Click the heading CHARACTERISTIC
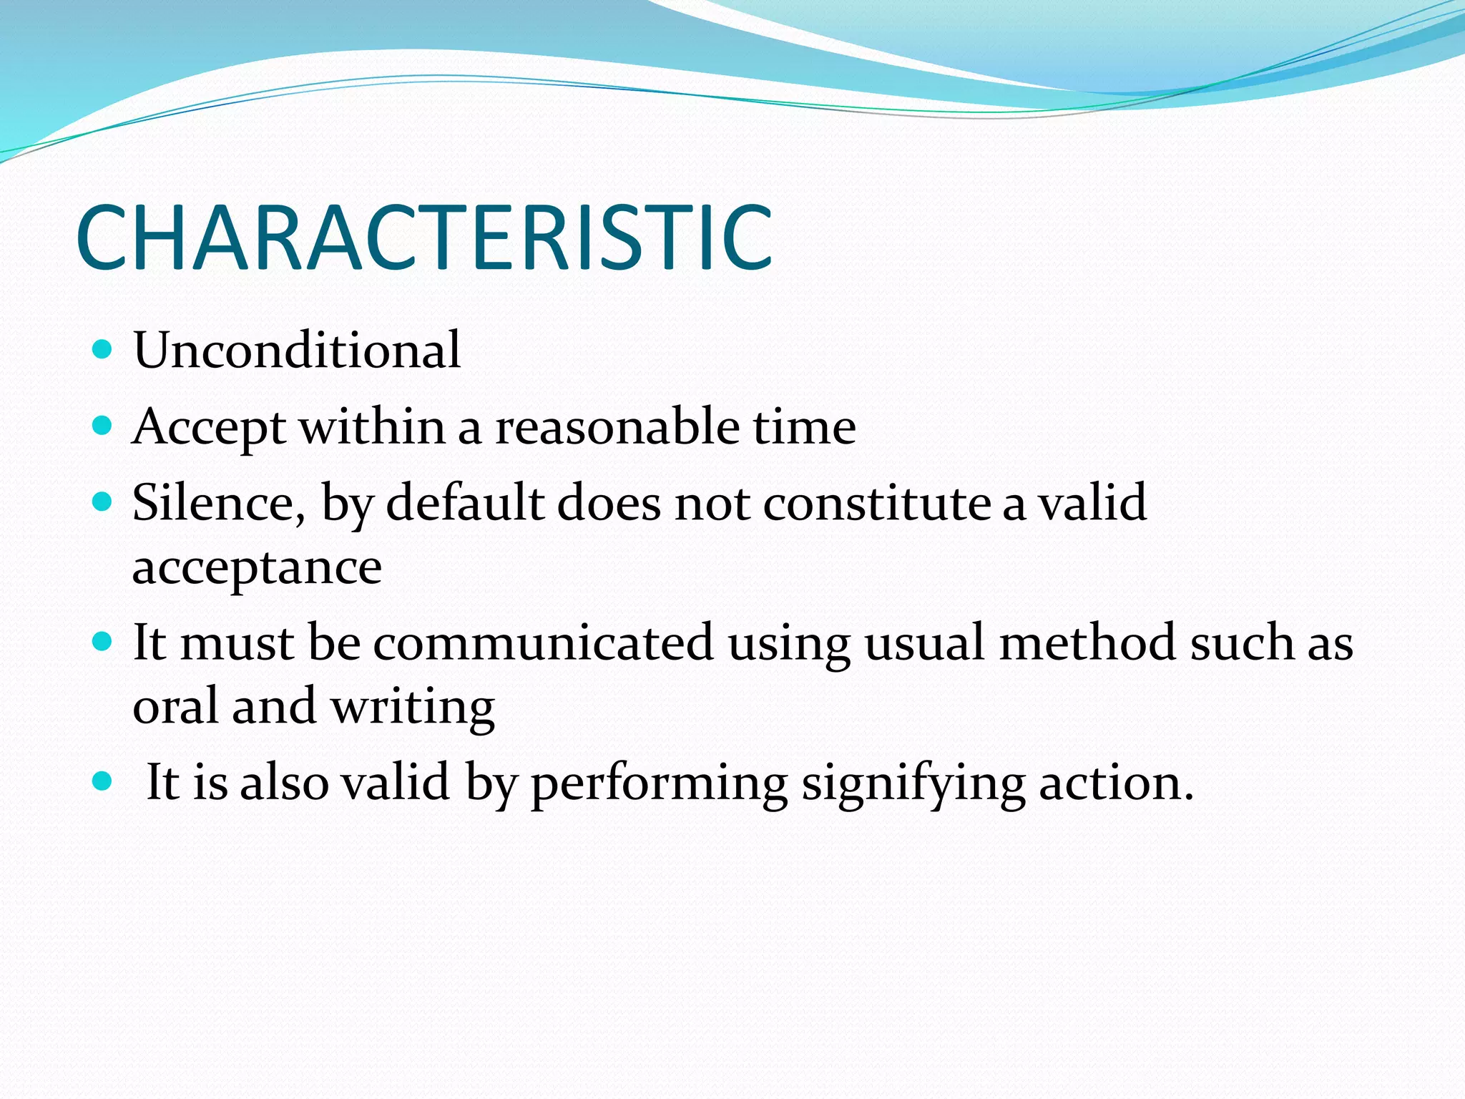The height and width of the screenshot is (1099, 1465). (x=423, y=238)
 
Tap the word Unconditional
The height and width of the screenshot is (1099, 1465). (x=297, y=351)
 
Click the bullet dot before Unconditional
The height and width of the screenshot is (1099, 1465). (x=103, y=350)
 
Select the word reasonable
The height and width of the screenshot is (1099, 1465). (x=617, y=427)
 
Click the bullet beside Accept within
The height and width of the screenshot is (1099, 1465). (x=103, y=426)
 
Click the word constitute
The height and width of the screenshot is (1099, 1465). (x=877, y=503)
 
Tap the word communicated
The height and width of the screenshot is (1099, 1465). (x=544, y=643)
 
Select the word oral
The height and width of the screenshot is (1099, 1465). (x=175, y=707)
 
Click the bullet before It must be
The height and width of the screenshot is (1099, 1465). (x=103, y=641)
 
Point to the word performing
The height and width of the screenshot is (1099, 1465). (x=659, y=783)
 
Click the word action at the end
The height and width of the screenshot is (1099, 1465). (x=1115, y=783)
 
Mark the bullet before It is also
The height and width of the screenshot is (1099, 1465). (x=103, y=781)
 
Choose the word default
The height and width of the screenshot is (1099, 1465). (x=465, y=503)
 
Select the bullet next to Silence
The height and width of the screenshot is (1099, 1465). (x=103, y=502)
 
